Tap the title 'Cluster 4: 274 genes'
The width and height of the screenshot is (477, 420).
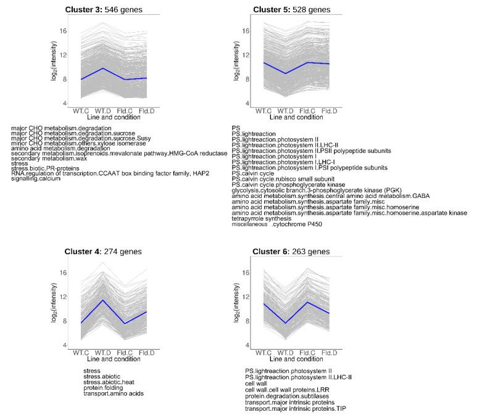(103, 252)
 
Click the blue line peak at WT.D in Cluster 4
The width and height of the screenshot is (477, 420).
(103, 300)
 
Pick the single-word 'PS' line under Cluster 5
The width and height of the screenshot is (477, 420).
(236, 128)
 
